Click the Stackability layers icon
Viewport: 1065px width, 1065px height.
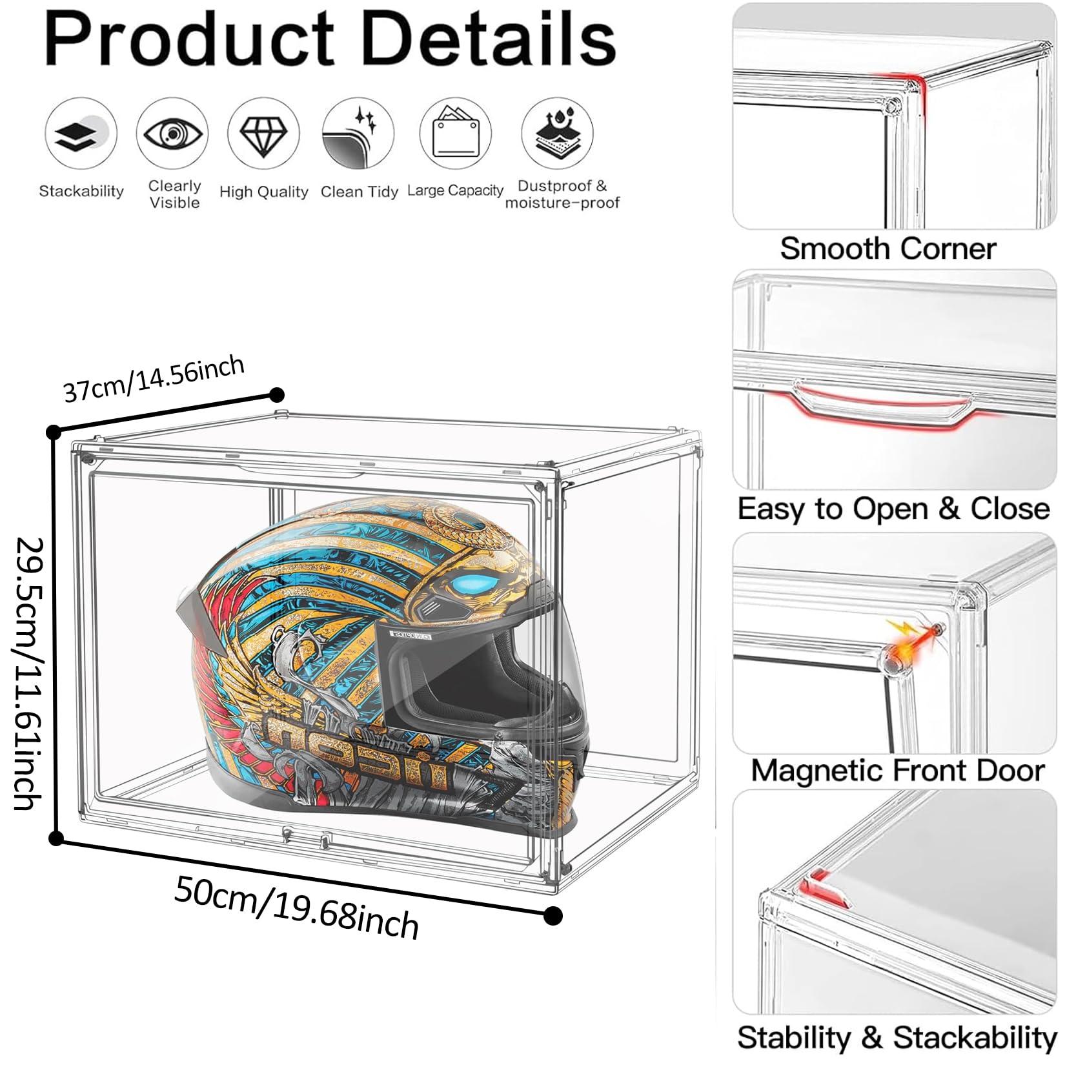80,134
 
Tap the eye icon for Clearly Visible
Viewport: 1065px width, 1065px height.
172,134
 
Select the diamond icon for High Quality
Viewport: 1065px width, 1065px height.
263,134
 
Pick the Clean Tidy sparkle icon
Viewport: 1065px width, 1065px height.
358,134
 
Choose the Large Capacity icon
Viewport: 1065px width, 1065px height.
455,134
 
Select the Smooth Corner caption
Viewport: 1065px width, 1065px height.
888,249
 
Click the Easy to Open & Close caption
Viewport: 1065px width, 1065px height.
894,509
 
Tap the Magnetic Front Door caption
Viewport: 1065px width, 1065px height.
898,770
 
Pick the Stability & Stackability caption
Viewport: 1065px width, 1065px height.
897,1037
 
